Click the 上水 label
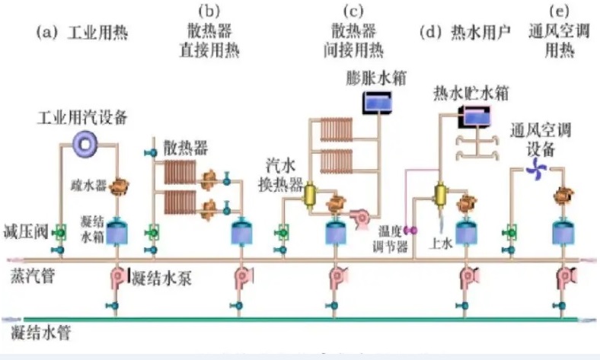[442, 243]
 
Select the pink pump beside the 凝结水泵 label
[120, 276]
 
